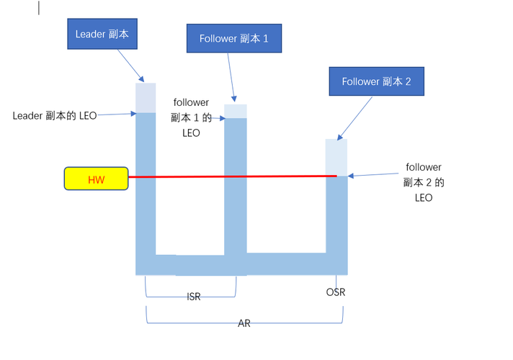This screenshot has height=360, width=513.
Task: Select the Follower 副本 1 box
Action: coord(234,38)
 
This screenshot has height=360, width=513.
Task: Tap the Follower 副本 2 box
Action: coord(376,81)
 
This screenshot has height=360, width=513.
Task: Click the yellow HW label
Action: coord(96,179)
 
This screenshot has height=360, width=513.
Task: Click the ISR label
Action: coord(193,297)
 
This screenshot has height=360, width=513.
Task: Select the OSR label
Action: coord(335,292)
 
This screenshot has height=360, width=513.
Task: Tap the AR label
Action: coord(244,324)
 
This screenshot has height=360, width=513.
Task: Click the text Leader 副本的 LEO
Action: coord(55,114)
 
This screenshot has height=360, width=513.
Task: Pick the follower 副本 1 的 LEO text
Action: coord(190,118)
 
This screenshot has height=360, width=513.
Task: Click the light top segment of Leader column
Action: coord(146,97)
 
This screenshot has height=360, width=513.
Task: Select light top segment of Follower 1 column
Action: coord(236,111)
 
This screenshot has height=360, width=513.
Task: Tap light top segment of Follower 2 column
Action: coord(336,157)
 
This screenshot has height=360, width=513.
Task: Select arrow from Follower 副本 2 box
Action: coord(354,117)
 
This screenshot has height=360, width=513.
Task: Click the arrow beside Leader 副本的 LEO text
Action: coord(115,114)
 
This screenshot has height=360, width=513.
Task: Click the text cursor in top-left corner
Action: coord(39,8)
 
